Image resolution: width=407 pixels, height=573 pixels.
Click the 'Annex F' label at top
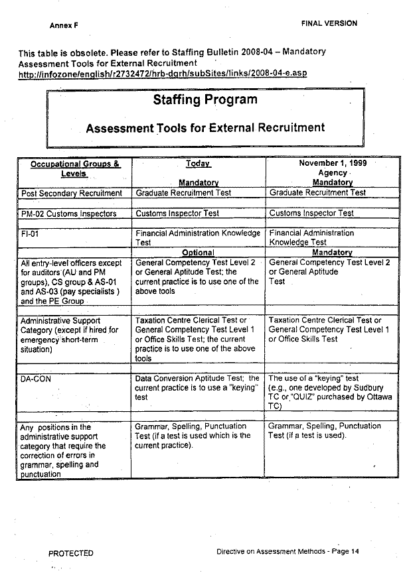click(64, 26)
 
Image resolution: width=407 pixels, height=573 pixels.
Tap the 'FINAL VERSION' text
click(329, 23)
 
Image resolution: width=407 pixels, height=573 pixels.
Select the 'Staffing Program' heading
click(204, 100)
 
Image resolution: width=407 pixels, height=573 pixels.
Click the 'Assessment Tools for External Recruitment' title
click(205, 127)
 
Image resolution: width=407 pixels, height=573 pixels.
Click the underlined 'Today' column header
click(199, 164)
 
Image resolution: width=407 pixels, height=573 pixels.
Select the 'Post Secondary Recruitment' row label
click(72, 193)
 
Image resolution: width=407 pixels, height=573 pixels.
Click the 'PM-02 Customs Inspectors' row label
click(69, 214)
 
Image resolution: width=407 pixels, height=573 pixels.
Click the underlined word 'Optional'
click(198, 253)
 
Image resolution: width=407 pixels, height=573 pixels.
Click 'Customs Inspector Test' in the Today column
click(177, 214)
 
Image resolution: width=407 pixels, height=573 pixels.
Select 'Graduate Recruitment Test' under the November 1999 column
click(317, 193)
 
